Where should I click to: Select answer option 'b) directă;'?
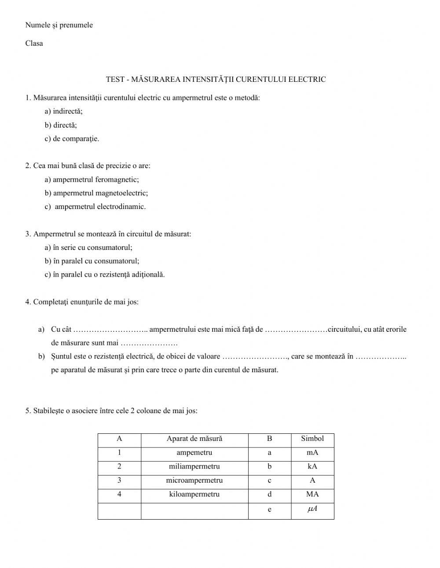pyautogui.click(x=61, y=125)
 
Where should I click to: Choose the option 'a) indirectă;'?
pyautogui.click(x=63, y=111)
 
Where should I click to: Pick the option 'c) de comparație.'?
pyautogui.click(x=72, y=139)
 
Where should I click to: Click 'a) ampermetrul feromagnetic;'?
pyautogui.click(x=92, y=180)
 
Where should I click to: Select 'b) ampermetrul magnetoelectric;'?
pyautogui.click(x=96, y=193)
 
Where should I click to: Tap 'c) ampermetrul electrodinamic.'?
pyautogui.click(x=95, y=207)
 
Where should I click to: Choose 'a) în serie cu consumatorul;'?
pyautogui.click(x=88, y=248)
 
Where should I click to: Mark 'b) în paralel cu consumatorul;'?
pyautogui.click(x=92, y=261)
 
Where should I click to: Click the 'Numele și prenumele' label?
pyautogui.click(x=59, y=25)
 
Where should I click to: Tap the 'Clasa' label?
pyautogui.click(x=34, y=43)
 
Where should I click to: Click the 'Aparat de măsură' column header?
pyautogui.click(x=194, y=439)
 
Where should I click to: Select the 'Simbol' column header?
pyautogui.click(x=312, y=439)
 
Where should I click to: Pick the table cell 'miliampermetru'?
pyautogui.click(x=194, y=466)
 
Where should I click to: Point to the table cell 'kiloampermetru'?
pyautogui.click(x=194, y=494)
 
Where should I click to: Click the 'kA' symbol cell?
pyautogui.click(x=312, y=466)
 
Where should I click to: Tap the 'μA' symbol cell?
pyautogui.click(x=312, y=509)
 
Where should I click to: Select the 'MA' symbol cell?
pyautogui.click(x=312, y=494)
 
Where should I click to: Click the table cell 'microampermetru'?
pyautogui.click(x=194, y=480)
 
